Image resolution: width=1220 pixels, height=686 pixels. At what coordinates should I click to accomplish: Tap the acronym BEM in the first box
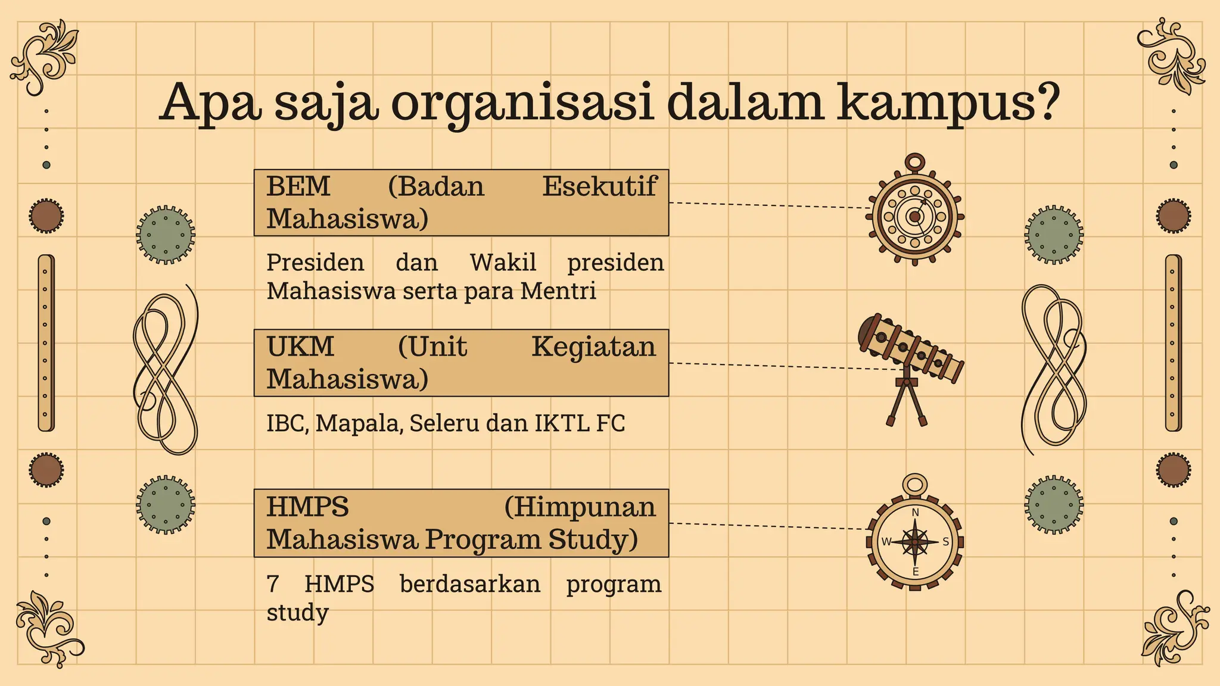tap(298, 186)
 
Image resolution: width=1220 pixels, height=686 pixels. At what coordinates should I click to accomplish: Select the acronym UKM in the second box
tap(300, 347)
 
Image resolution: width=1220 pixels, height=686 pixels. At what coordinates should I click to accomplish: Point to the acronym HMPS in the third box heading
tap(307, 507)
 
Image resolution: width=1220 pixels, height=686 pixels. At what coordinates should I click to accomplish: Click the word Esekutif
tap(599, 186)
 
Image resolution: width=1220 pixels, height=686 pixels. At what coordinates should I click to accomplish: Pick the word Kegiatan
tap(593, 347)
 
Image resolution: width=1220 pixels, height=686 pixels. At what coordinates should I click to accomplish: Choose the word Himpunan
tap(580, 507)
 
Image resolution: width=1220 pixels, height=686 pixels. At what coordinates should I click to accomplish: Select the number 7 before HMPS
tap(273, 584)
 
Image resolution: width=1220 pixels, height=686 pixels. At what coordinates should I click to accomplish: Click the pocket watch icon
tap(914, 216)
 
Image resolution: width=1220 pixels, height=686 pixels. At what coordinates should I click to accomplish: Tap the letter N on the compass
tap(916, 513)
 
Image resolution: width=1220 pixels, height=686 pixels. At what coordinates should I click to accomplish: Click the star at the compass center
tap(915, 542)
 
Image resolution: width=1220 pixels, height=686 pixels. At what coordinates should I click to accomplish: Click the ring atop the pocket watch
tap(915, 162)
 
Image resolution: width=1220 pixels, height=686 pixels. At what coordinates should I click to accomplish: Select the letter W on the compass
tap(886, 542)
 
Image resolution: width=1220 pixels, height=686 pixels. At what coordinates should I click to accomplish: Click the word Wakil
tap(503, 263)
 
